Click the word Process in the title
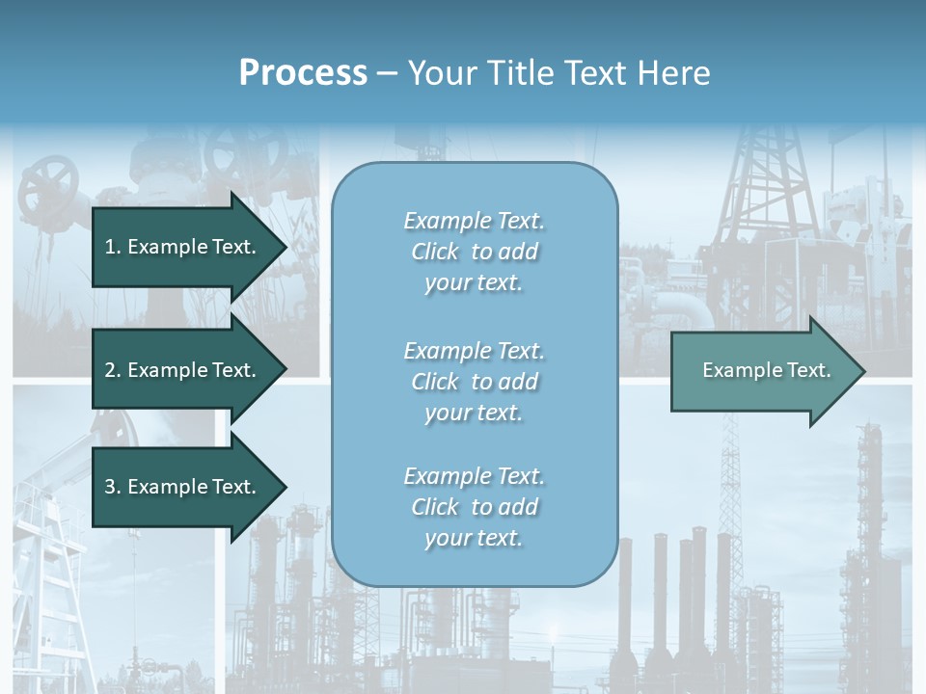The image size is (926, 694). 303,73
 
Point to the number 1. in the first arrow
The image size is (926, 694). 112,247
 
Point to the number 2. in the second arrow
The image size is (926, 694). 112,370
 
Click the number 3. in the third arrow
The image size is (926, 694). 112,487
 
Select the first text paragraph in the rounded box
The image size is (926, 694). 474,252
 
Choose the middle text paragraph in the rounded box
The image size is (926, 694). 474,382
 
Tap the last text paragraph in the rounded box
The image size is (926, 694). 474,507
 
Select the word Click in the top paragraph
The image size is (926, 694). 435,252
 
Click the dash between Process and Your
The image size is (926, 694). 387,73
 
